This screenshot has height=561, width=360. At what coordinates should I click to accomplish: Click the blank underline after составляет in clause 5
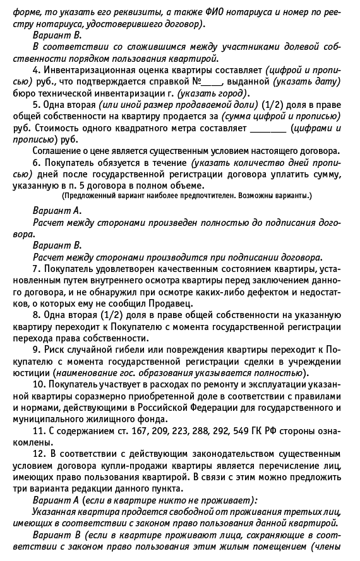tap(268, 128)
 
